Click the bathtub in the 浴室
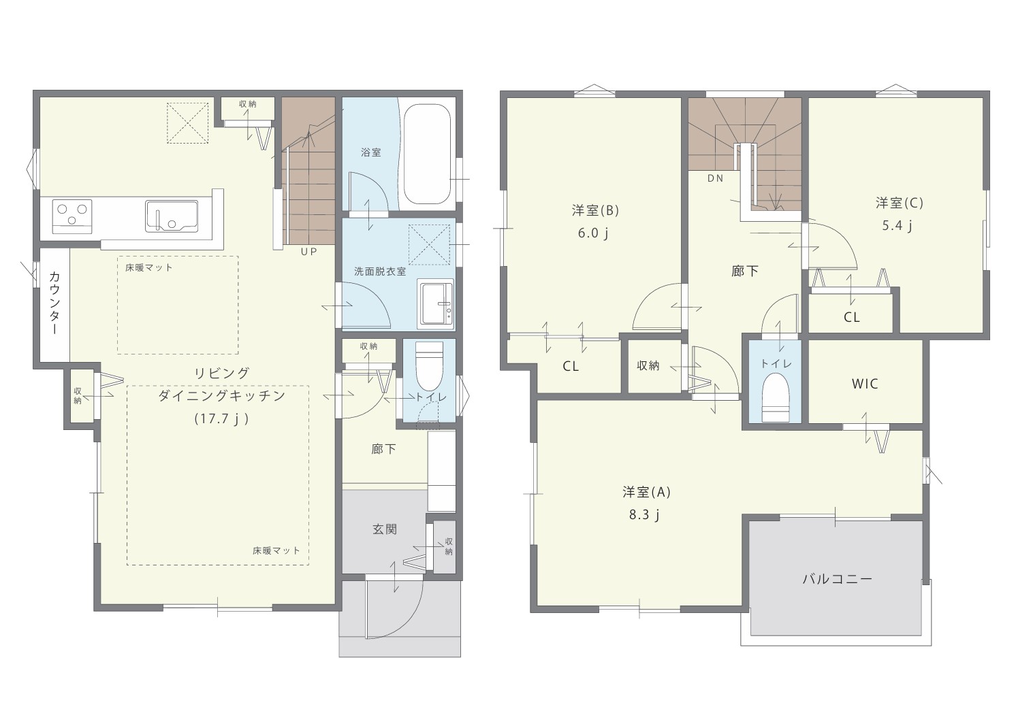[427, 154]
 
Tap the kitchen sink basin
[172, 216]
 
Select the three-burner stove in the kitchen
[72, 216]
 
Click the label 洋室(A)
[646, 492]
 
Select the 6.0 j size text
[593, 233]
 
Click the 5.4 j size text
[897, 225]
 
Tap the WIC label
[865, 384]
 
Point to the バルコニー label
[838, 579]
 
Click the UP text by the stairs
[309, 252]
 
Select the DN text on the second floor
[715, 178]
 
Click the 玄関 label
[385, 529]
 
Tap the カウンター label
[54, 303]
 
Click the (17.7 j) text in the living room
[222, 418]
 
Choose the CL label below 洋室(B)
[571, 366]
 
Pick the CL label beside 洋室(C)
[852, 318]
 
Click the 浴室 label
[370, 152]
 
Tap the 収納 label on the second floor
[648, 365]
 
